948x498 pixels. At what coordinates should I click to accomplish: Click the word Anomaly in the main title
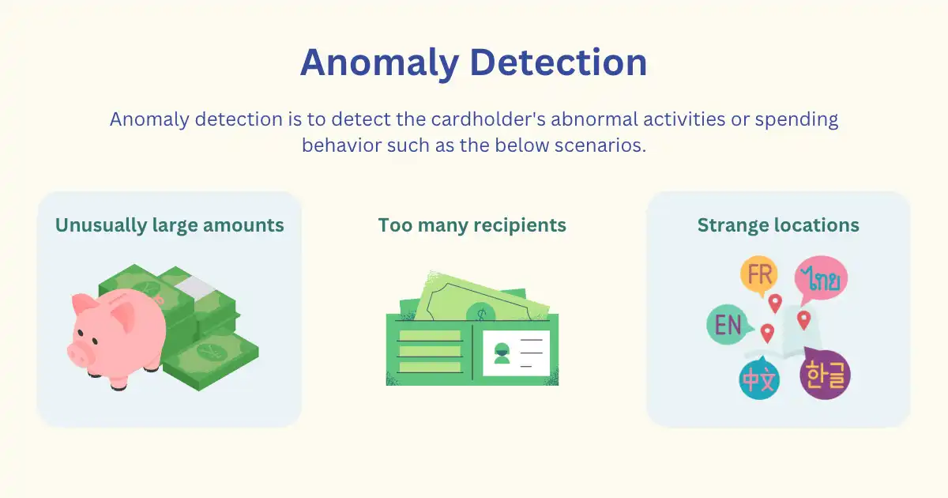(380, 62)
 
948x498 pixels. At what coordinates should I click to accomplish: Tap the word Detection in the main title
(559, 62)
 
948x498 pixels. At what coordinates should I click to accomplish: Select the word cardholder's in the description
(488, 119)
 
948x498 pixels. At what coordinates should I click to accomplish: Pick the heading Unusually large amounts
(170, 225)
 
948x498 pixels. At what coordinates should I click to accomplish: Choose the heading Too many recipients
(472, 225)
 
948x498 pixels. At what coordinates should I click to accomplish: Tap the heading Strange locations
(778, 225)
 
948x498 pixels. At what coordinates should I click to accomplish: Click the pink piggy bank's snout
(77, 354)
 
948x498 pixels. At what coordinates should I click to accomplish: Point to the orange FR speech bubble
(759, 276)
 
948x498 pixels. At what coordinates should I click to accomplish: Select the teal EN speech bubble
(728, 324)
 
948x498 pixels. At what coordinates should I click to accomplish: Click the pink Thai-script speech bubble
(821, 278)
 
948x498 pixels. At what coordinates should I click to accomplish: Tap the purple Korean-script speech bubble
(825, 374)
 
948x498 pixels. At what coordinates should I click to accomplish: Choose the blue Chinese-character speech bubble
(759, 379)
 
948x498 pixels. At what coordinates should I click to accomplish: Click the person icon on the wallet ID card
(502, 353)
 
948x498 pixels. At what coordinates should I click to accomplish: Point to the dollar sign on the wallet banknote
(481, 315)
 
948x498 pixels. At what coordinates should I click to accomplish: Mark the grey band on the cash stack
(196, 289)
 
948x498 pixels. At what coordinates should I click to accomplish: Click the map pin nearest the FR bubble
(775, 304)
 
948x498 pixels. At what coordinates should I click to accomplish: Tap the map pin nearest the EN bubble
(767, 334)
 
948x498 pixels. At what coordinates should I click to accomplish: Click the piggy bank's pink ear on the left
(83, 304)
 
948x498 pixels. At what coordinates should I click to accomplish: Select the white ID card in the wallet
(516, 353)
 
